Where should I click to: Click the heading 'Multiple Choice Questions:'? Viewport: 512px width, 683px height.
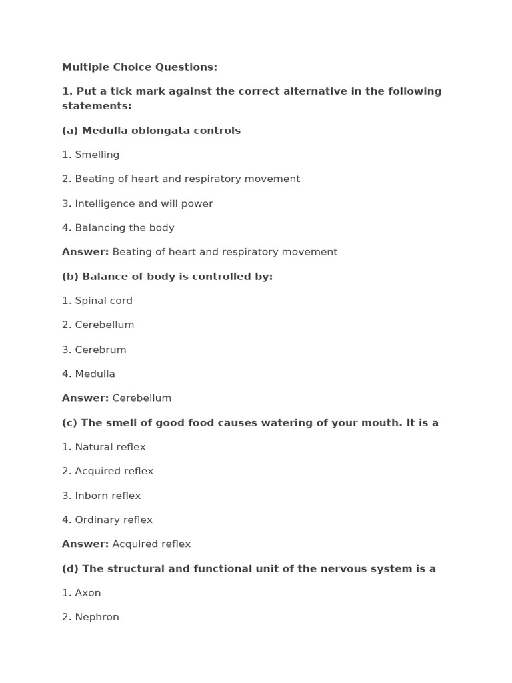coord(139,67)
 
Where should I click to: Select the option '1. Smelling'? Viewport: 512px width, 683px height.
coord(91,155)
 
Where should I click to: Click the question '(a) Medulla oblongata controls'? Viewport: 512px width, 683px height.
coord(151,131)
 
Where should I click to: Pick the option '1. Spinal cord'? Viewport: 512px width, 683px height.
coord(97,301)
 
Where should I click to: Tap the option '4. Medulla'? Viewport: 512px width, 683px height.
coord(89,374)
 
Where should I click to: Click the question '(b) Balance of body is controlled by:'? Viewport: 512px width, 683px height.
coord(167,276)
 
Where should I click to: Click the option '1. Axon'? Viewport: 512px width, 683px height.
coord(81,592)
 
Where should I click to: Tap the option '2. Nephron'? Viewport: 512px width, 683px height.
coord(91,617)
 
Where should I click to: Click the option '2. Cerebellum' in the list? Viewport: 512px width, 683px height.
coord(98,325)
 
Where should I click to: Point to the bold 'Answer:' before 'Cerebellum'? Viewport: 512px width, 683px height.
coord(85,398)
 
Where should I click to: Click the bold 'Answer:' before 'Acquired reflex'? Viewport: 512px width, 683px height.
coord(85,544)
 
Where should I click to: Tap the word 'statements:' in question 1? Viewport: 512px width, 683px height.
coord(97,106)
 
